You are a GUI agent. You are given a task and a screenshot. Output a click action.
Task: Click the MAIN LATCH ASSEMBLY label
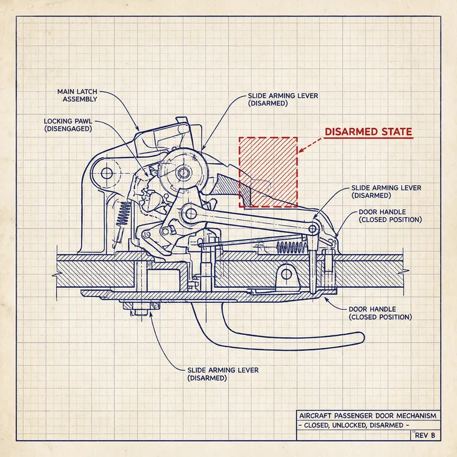coord(77,95)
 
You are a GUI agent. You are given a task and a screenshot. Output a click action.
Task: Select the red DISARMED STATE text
coord(368,132)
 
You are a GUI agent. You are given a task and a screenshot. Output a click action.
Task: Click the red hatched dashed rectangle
coord(268,171)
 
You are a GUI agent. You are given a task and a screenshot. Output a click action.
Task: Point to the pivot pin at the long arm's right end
coord(313,228)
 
